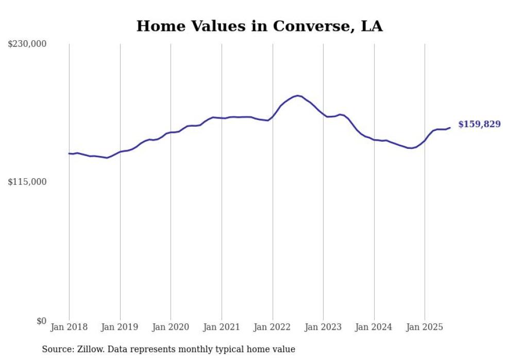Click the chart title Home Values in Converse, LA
(x=259, y=26)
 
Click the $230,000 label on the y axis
(x=27, y=44)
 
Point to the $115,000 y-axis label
(x=27, y=182)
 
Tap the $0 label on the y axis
(x=41, y=321)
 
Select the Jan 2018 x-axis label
(x=69, y=327)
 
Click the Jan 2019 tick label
(x=120, y=327)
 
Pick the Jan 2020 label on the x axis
(x=171, y=327)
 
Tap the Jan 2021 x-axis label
(x=222, y=327)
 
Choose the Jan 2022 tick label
(x=273, y=327)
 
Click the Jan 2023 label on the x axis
(x=323, y=327)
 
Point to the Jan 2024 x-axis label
(x=374, y=327)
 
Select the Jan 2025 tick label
(x=425, y=327)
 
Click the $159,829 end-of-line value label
(x=479, y=124)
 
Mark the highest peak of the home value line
(x=297, y=95)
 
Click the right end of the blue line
(x=450, y=128)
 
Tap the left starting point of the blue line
(x=69, y=153)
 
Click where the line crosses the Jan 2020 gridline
(x=171, y=132)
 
